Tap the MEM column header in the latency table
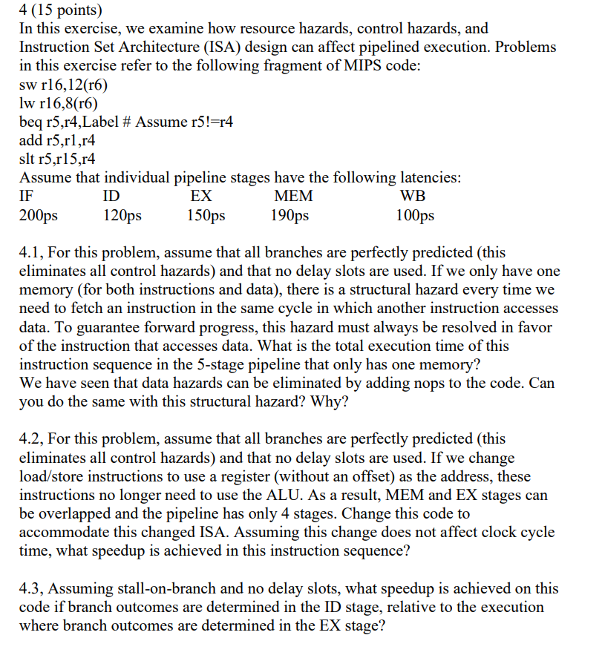(x=294, y=197)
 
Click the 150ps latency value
(x=206, y=216)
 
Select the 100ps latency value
(x=416, y=216)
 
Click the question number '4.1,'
(x=33, y=253)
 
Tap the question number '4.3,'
(x=33, y=588)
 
